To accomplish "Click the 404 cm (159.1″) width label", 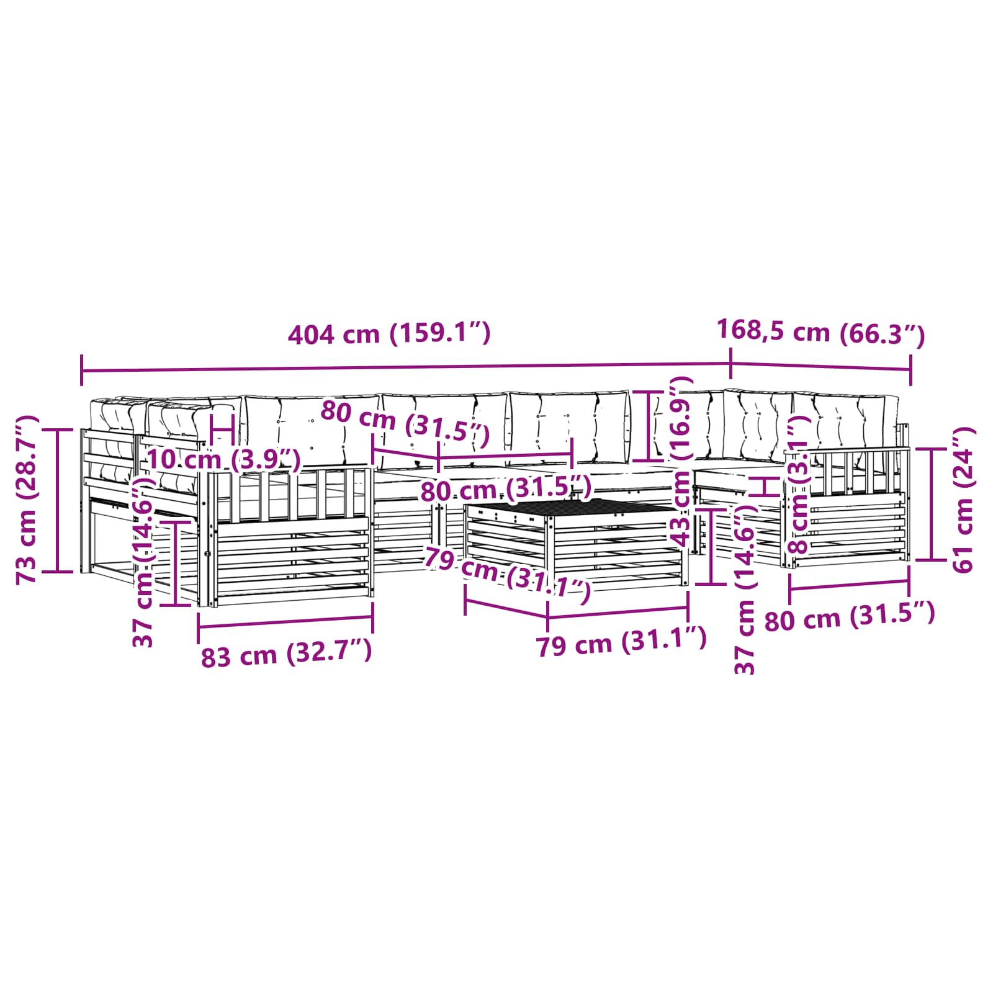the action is [389, 334].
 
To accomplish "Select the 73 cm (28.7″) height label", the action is [28, 500].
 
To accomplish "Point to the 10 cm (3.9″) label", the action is [223, 460].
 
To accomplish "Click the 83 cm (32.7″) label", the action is [286, 654].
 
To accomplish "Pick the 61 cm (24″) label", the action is [963, 500].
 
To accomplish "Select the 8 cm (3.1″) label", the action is [798, 485].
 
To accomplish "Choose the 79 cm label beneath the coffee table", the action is [621, 642].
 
